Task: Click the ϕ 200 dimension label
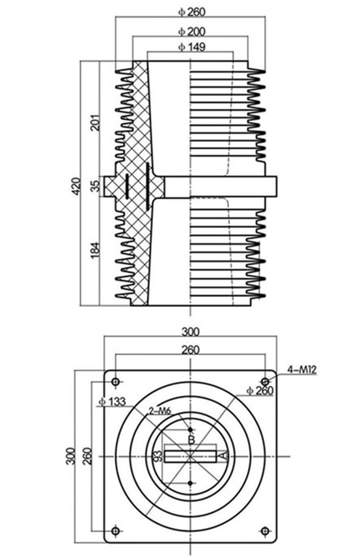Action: click(x=192, y=32)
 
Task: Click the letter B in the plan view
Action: click(x=191, y=439)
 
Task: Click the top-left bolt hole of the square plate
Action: click(x=115, y=381)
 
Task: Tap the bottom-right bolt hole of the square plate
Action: click(x=264, y=531)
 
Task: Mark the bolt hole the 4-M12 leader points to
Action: click(x=264, y=381)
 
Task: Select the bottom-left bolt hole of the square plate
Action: click(x=115, y=531)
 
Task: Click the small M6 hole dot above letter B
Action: click(x=191, y=429)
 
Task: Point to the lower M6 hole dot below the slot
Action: click(x=191, y=483)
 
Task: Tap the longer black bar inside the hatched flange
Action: click(x=147, y=186)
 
